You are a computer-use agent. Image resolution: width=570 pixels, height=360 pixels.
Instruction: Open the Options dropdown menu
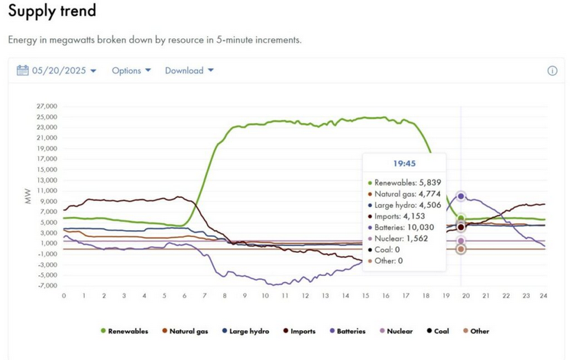131,71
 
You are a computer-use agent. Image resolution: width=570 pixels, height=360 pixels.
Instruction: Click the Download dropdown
189,71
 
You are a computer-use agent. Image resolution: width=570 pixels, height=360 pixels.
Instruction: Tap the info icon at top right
552,71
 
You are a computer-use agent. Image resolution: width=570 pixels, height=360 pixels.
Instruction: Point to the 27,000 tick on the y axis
47,106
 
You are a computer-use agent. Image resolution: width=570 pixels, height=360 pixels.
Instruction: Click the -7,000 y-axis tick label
47,286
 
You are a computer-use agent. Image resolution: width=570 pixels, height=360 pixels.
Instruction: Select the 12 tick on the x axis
305,295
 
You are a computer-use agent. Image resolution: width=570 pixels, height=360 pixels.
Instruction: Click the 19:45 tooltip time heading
404,163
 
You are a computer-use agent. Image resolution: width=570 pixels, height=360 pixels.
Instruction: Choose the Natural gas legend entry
186,332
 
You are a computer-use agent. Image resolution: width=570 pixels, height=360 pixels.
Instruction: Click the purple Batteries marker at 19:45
461,197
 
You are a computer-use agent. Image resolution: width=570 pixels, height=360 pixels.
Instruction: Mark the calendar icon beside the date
22,71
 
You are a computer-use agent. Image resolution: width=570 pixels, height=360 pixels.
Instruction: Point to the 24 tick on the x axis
544,295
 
